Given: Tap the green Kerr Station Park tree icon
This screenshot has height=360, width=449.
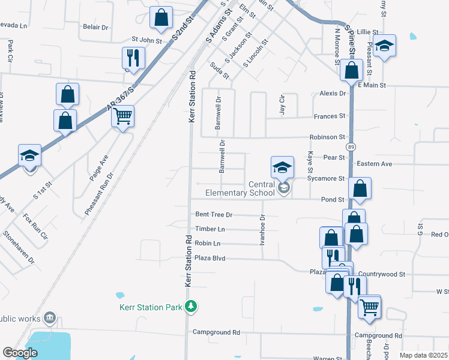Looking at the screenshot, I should (x=191, y=307).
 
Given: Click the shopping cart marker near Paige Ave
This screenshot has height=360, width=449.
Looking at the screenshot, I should (x=123, y=116).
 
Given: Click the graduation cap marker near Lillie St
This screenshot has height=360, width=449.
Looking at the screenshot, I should (x=384, y=46).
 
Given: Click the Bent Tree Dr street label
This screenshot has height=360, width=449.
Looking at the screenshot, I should (x=214, y=214).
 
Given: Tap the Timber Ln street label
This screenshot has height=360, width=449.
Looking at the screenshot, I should (x=210, y=229).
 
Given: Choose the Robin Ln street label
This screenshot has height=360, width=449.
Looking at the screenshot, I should (x=208, y=244).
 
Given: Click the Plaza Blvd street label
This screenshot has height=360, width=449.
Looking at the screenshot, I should (x=210, y=258).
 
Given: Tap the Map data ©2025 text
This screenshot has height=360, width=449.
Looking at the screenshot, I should (x=423, y=355).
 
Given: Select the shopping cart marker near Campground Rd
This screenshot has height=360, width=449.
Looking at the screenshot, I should (x=369, y=307).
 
